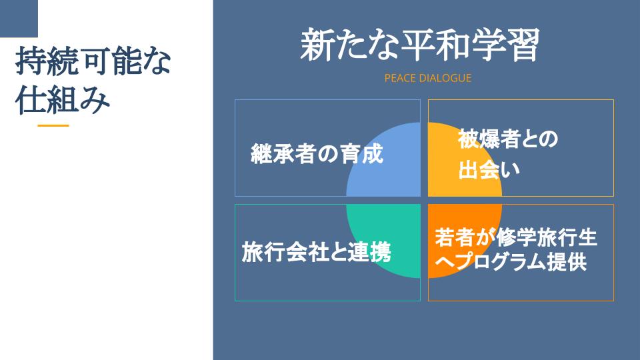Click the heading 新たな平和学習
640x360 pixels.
tap(420, 45)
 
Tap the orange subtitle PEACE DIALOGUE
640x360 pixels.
tap(428, 78)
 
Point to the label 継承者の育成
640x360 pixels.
tap(317, 154)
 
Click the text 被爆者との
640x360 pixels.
tap(508, 139)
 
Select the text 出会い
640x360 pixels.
tap(489, 169)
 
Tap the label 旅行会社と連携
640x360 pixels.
tap(316, 252)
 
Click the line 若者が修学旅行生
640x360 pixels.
tap(516, 237)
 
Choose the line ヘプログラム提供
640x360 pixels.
tap(511, 261)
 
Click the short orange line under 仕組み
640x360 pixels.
tap(53, 126)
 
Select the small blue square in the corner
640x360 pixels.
tap(19, 19)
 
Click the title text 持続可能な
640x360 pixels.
tap(93, 61)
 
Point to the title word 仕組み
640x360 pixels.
tap(63, 100)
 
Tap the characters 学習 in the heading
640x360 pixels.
tap(506, 45)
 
